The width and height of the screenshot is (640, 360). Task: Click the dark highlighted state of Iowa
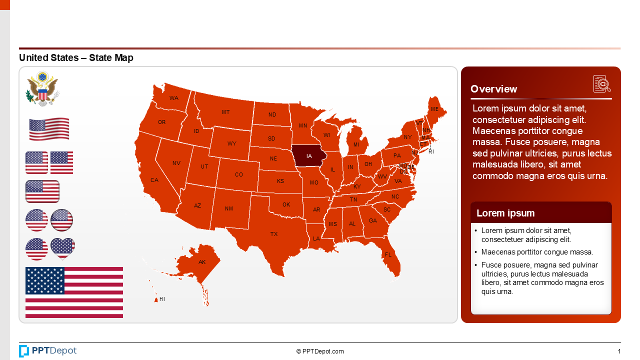click(x=309, y=156)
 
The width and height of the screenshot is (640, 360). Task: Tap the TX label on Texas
click(x=274, y=234)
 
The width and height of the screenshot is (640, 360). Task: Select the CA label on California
click(x=154, y=180)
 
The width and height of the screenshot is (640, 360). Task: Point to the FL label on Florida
click(x=388, y=254)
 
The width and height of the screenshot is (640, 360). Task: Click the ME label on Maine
click(x=434, y=109)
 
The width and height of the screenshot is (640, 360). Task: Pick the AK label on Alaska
click(x=202, y=262)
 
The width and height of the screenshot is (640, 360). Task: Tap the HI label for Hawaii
click(x=162, y=299)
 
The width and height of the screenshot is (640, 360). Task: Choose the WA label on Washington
click(x=174, y=98)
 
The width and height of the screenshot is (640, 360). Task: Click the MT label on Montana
click(x=226, y=112)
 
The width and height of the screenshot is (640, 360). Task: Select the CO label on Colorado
click(x=239, y=174)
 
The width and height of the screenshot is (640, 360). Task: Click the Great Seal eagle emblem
click(x=42, y=88)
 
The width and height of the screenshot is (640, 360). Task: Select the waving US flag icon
click(x=49, y=129)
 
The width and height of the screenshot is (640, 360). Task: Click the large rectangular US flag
click(x=74, y=292)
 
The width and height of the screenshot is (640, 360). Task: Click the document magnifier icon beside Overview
click(x=602, y=83)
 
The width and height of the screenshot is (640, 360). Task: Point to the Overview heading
click(x=493, y=89)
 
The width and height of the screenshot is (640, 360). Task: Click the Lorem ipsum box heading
click(x=505, y=213)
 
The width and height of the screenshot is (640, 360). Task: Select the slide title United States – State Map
click(x=76, y=58)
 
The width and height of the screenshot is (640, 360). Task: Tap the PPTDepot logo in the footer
click(x=48, y=351)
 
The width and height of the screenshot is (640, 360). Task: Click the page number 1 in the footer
click(x=619, y=351)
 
